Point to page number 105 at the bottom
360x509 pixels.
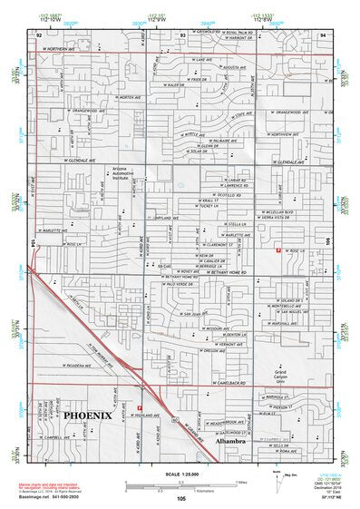(181, 497)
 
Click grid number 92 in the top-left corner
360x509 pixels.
(39, 35)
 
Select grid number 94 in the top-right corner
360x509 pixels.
(321, 35)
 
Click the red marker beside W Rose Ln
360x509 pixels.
(277, 250)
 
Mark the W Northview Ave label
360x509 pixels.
(282, 133)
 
